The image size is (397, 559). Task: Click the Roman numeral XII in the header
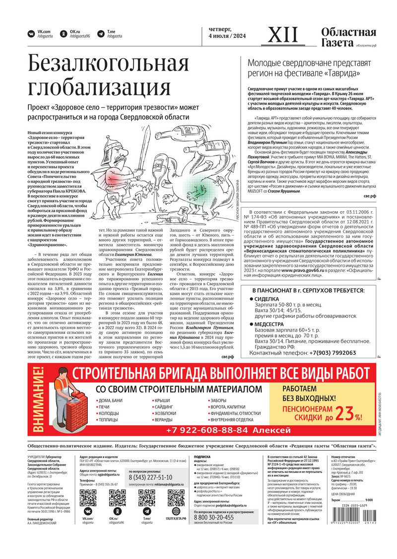click(x=283, y=35)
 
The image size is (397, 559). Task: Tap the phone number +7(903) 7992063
click(x=327, y=353)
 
